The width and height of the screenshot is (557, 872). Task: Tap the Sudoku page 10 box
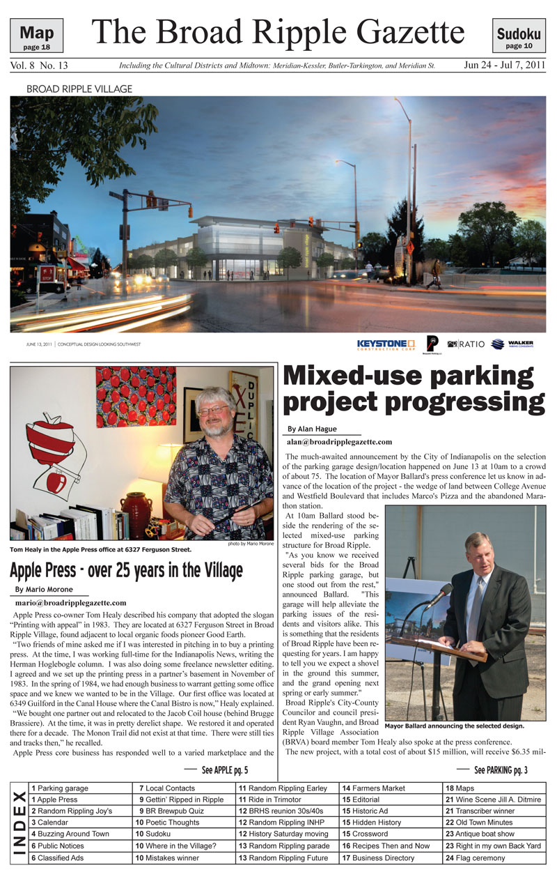(519, 36)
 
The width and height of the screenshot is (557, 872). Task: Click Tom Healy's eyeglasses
(213, 411)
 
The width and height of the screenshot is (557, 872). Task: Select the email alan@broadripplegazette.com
(339, 442)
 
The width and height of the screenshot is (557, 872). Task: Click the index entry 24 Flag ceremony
(476, 858)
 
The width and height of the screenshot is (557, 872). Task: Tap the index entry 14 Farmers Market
(374, 788)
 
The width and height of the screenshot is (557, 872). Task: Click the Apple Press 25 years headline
(126, 571)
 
